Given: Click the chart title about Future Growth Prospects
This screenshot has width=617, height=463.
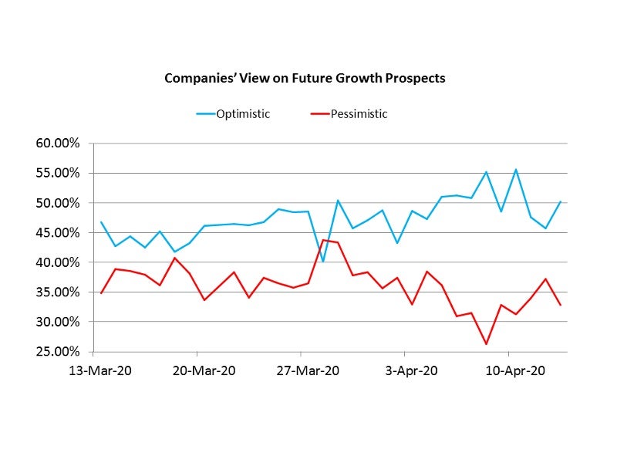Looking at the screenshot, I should click(x=305, y=78).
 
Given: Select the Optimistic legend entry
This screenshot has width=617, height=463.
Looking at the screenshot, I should click(x=242, y=114).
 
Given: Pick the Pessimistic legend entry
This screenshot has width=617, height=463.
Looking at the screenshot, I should click(x=359, y=114).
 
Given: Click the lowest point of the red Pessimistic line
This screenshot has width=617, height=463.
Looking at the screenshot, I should click(x=486, y=344).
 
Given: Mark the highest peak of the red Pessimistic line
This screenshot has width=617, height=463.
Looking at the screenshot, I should click(x=323, y=240).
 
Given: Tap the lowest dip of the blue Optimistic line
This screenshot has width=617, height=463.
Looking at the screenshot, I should click(x=323, y=261).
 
